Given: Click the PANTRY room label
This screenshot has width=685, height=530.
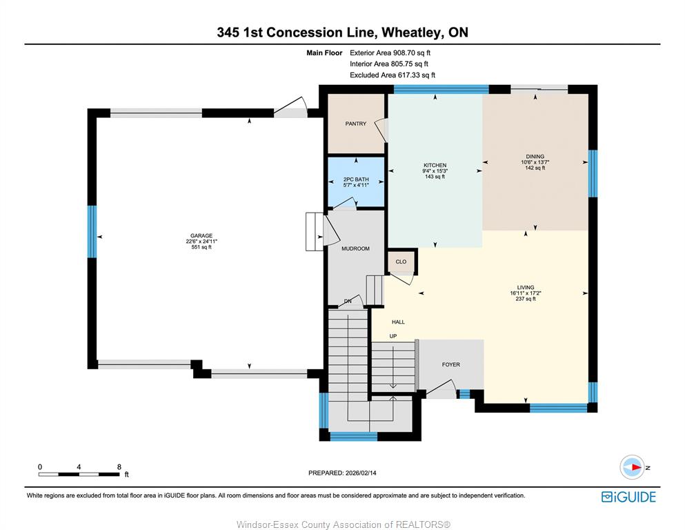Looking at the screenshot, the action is [355, 124].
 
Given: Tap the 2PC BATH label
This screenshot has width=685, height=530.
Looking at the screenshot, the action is [356, 179].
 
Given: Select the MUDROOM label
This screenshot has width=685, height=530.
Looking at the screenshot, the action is [355, 248].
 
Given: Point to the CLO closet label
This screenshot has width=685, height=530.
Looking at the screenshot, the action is [401, 262].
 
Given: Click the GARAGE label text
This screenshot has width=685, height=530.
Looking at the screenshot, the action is [201, 235].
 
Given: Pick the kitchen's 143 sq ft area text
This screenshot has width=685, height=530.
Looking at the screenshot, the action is [435, 177].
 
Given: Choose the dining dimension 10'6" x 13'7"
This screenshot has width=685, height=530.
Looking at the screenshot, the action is [535, 162].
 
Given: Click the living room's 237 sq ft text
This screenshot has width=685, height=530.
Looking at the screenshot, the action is [526, 299].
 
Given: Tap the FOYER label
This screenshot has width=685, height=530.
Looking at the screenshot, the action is [451, 364].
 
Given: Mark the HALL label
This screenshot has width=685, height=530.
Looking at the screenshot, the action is [399, 322].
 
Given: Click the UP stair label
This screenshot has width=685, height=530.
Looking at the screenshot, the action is [393, 336].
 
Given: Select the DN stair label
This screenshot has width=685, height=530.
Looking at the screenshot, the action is [348, 302].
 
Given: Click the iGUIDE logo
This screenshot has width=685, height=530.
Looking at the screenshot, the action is [628, 497].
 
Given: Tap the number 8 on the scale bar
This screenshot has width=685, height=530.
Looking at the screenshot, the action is [119, 467].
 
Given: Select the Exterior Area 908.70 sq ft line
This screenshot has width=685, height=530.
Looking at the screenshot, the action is [390, 53].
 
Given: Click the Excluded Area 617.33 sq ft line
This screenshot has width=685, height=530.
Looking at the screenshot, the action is [393, 75].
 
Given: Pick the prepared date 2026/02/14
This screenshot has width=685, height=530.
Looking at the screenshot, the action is [361, 473].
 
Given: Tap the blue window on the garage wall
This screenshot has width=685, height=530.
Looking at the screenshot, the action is [92, 232].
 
